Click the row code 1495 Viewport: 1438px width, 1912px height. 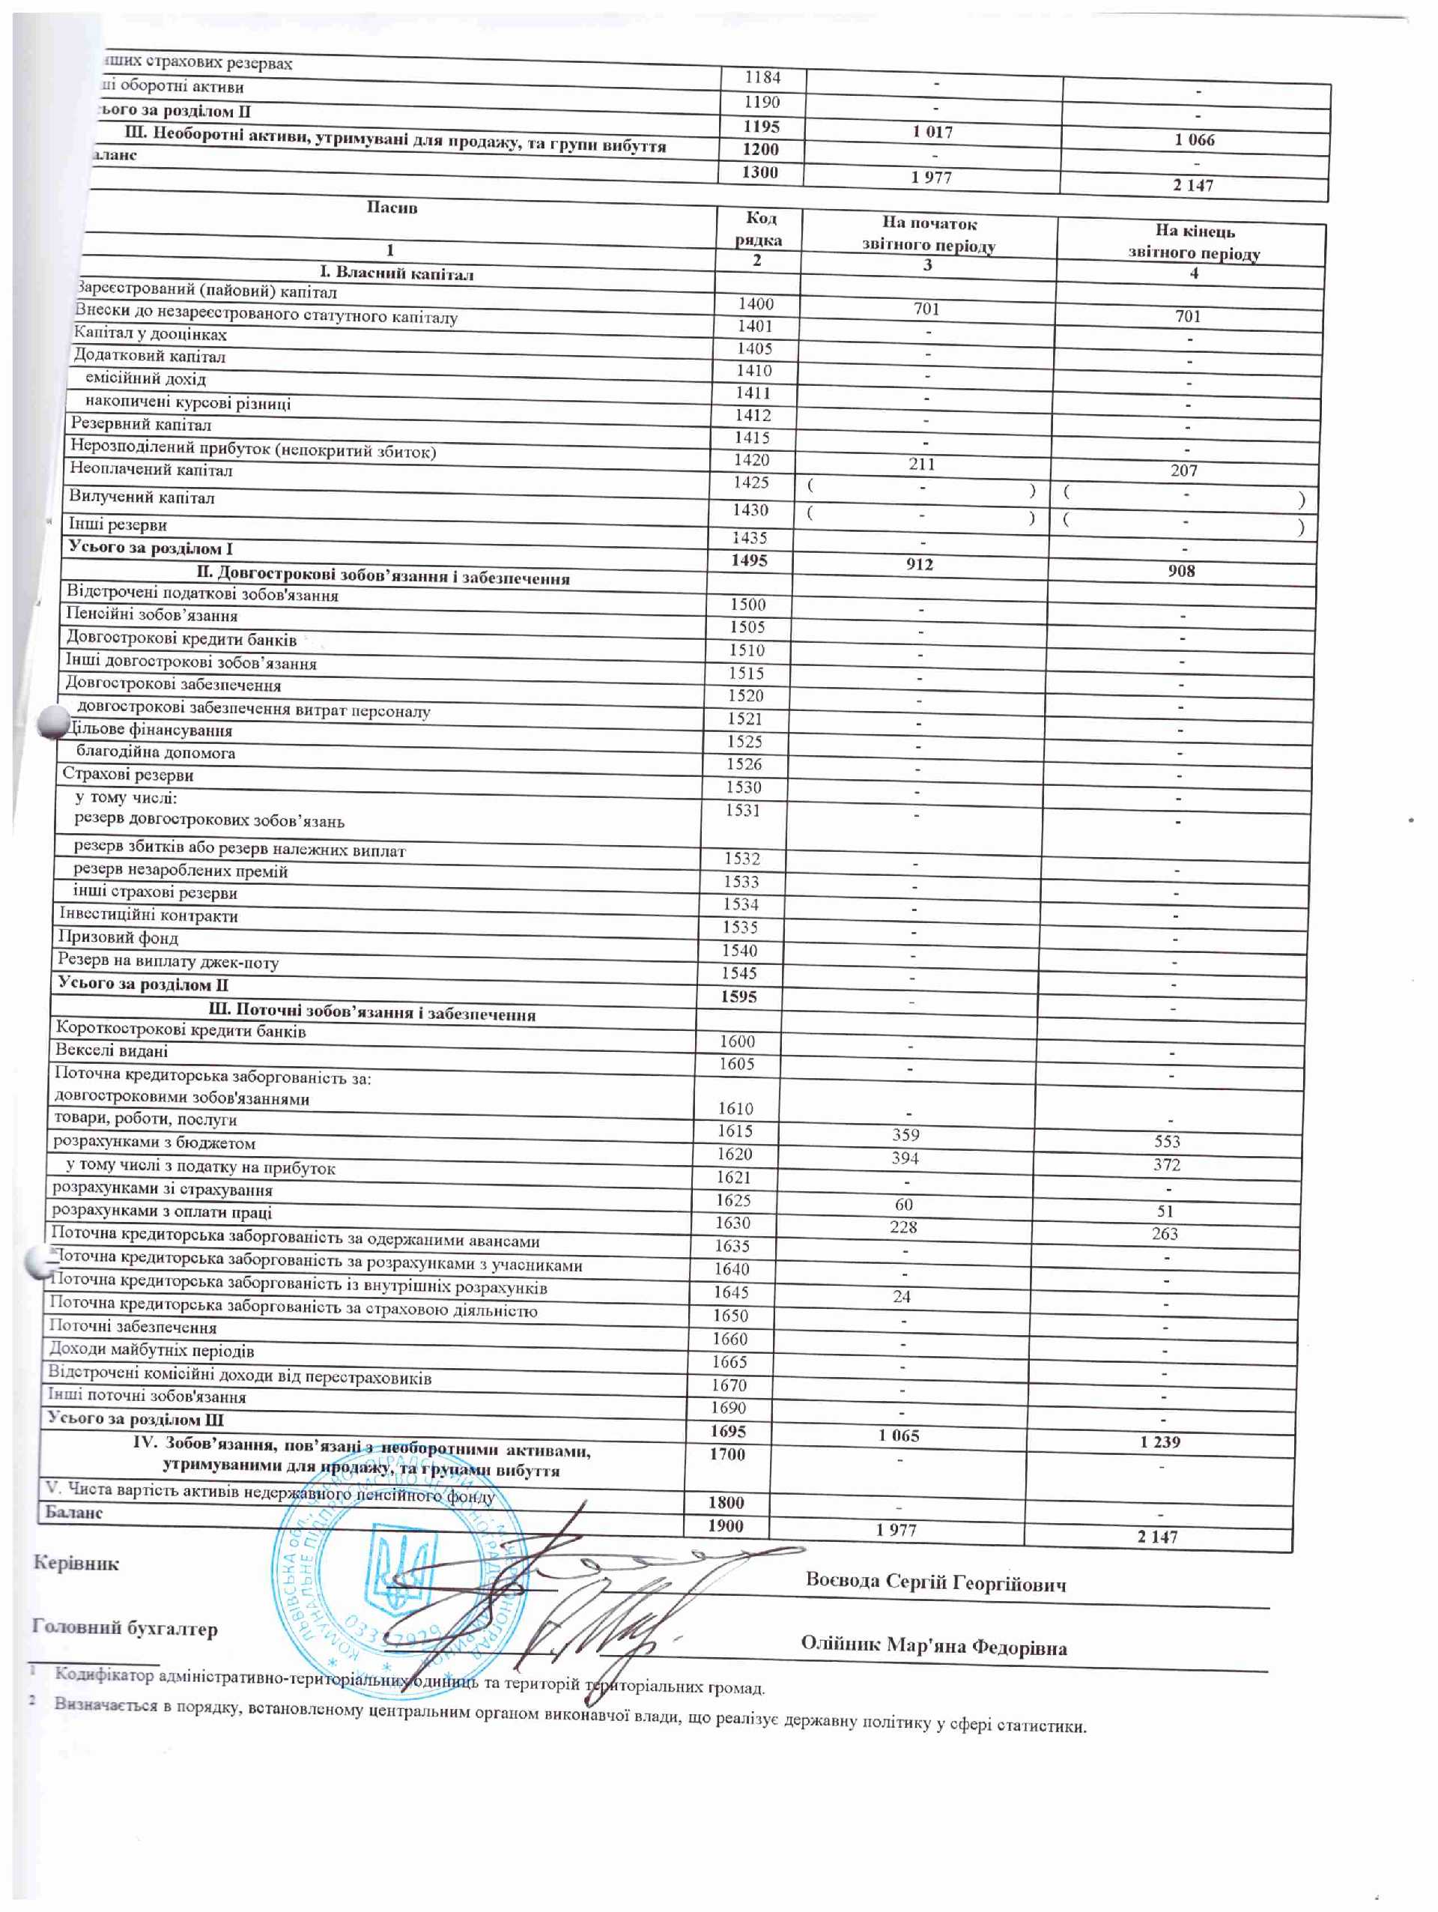tap(748, 560)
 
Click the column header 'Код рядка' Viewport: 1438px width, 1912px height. tap(759, 229)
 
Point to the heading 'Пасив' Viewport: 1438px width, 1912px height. tap(392, 208)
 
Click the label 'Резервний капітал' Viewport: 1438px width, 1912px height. tap(141, 424)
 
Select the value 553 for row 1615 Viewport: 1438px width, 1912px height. tap(1167, 1141)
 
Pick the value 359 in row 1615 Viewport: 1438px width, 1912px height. tap(905, 1135)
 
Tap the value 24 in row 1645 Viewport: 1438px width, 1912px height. tap(902, 1297)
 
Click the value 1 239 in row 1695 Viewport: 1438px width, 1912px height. tap(1159, 1441)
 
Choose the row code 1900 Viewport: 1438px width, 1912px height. tap(725, 1525)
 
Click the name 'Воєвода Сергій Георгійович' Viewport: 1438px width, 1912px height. tap(936, 1582)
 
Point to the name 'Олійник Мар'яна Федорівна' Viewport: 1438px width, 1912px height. tap(933, 1646)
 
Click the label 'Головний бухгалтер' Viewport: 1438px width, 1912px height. tap(124, 1629)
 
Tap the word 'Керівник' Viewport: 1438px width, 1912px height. tap(76, 1563)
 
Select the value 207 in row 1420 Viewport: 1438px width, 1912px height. tap(1184, 471)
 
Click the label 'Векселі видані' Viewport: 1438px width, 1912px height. tap(112, 1051)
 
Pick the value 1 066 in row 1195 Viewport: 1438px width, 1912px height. tap(1195, 140)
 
